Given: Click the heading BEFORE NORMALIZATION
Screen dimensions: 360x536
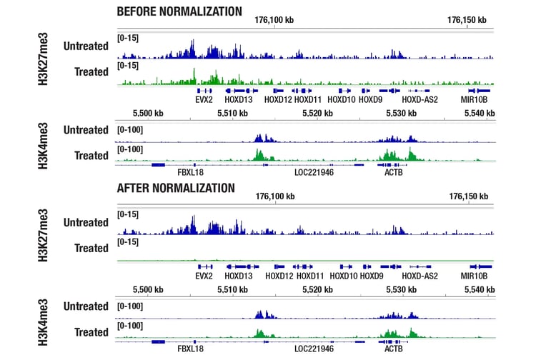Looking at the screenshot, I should click(179, 11).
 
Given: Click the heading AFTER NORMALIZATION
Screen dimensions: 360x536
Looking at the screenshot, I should click(175, 188).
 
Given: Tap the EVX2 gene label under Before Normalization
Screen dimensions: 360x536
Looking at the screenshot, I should click(204, 100).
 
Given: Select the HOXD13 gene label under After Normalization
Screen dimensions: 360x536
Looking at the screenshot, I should click(238, 276).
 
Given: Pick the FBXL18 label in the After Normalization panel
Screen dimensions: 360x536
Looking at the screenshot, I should click(190, 349).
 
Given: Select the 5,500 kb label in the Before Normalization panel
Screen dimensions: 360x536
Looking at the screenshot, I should click(149, 113).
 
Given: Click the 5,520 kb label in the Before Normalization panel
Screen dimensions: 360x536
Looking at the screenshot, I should click(314, 113).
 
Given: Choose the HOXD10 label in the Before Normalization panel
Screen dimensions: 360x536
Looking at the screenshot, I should click(342, 100).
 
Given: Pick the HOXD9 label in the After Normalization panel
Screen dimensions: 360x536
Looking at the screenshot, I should click(372, 276).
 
